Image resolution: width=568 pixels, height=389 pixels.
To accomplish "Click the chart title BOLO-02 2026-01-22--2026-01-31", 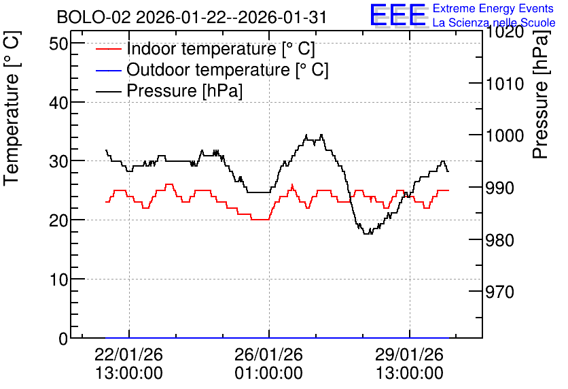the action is coord(192,17).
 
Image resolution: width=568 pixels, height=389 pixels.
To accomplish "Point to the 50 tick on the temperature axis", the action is coord(58,44).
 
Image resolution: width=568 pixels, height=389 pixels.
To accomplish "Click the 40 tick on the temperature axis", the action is coord(58,103).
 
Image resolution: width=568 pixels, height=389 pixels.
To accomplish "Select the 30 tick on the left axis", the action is coord(58,161).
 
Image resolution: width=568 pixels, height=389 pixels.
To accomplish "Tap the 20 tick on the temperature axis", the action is coord(58,220).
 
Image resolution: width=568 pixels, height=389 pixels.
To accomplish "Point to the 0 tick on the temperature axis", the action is coord(63,339).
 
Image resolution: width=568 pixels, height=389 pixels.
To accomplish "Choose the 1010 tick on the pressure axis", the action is coord(505,84).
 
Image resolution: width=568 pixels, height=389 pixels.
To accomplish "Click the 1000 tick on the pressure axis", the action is coord(505,136).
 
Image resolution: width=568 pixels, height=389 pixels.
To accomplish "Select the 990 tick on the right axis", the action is coord(500,188).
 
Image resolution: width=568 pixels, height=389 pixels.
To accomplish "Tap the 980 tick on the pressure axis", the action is coord(500,240).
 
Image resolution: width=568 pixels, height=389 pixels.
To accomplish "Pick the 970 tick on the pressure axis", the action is coord(500,292).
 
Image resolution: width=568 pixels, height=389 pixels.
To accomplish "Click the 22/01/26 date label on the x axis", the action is coord(129,354).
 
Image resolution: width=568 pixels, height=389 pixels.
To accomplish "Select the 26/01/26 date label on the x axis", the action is coord(269,354).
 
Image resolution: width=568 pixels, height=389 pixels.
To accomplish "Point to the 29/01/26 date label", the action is coord(409,354).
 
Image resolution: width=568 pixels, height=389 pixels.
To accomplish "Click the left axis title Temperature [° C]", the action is coord(12,108).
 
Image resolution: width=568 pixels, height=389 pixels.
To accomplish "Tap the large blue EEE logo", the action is coord(398,15).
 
